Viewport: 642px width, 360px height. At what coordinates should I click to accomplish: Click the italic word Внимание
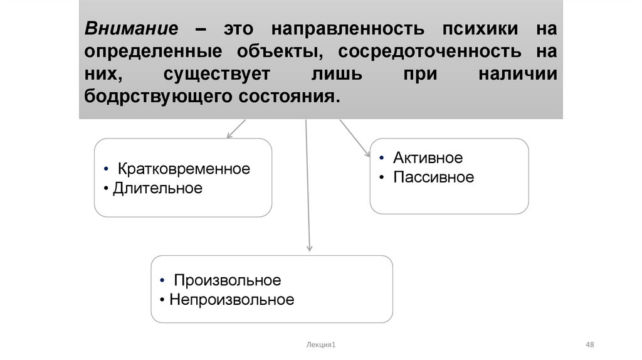click(132, 29)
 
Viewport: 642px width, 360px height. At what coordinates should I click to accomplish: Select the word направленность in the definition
click(348, 29)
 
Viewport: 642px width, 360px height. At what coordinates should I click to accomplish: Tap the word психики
click(480, 29)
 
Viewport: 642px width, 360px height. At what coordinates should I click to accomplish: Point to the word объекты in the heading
click(278, 51)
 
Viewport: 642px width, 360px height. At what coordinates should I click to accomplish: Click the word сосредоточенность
click(430, 51)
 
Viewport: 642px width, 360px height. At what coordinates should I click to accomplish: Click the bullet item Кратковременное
click(184, 169)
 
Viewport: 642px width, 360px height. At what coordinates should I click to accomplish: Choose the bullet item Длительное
click(157, 188)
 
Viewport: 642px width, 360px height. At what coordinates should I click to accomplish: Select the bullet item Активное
click(428, 157)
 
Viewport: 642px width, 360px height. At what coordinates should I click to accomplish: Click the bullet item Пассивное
click(434, 177)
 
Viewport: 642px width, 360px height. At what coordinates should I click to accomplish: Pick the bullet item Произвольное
click(228, 280)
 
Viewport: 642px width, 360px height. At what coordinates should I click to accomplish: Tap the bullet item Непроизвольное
click(232, 299)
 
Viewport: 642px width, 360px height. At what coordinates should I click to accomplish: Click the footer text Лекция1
click(321, 344)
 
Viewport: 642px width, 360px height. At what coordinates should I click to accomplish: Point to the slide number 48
click(589, 344)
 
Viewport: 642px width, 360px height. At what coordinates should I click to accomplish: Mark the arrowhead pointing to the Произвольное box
click(310, 248)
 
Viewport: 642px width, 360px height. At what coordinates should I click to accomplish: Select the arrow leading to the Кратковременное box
click(236, 129)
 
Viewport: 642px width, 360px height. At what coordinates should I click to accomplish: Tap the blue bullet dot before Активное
click(382, 157)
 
